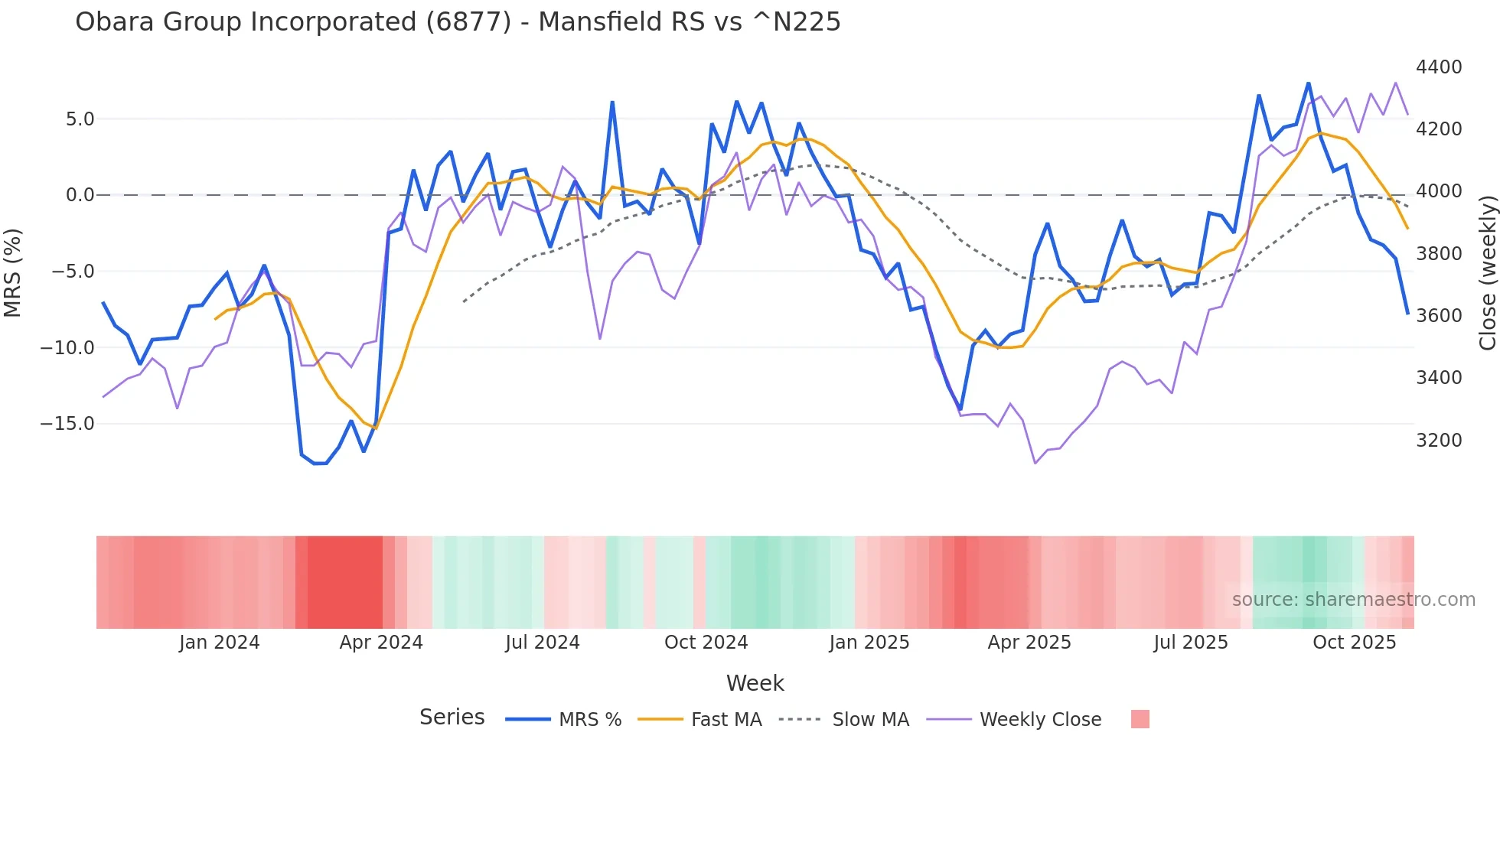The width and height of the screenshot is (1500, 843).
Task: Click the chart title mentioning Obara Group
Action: (x=458, y=22)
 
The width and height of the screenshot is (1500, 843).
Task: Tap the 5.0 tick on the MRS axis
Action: (x=80, y=119)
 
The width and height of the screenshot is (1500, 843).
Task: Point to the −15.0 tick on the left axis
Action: (x=67, y=424)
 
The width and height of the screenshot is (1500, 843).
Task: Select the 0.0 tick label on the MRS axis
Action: (x=80, y=195)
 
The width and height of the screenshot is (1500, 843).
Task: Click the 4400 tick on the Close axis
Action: (x=1439, y=67)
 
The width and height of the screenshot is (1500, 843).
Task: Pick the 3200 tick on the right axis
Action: (x=1439, y=441)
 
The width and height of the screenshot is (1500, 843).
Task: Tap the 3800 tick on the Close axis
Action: (x=1439, y=254)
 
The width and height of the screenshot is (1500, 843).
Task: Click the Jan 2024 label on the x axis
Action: (x=220, y=643)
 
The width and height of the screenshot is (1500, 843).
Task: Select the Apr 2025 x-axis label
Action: (x=1029, y=643)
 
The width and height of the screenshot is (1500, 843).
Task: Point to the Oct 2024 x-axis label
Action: (x=706, y=643)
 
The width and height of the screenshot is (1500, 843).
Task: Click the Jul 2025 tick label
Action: (x=1191, y=643)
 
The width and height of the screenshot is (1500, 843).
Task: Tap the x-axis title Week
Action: (x=755, y=683)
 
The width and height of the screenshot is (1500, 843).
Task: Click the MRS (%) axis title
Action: (x=13, y=272)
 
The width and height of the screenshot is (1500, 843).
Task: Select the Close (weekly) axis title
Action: (x=1488, y=272)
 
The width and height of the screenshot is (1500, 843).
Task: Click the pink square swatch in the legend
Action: (x=1140, y=719)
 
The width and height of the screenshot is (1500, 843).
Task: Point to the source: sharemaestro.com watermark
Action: (x=1353, y=600)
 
